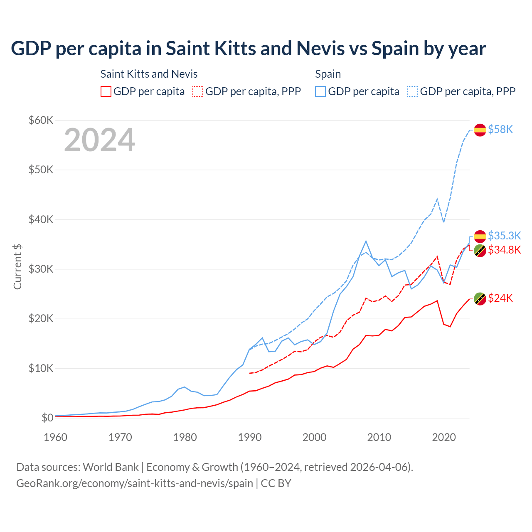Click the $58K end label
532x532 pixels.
500,130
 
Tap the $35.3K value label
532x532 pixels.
504,236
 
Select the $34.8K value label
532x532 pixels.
504,250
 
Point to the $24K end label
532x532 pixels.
500,298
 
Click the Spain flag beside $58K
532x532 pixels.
480,130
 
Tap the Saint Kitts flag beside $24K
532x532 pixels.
480,298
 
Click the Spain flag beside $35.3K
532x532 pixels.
480,236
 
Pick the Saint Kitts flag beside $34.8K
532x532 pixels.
480,250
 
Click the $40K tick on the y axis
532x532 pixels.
41,219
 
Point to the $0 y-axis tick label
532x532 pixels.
47,418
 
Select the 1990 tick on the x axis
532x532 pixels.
250,437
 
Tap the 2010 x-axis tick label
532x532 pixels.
379,437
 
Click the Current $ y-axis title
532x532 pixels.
17,267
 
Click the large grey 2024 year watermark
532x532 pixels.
99,140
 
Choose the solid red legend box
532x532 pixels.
106,91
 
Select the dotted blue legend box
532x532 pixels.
413,91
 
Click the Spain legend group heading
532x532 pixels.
328,74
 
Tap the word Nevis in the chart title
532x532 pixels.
320,49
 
